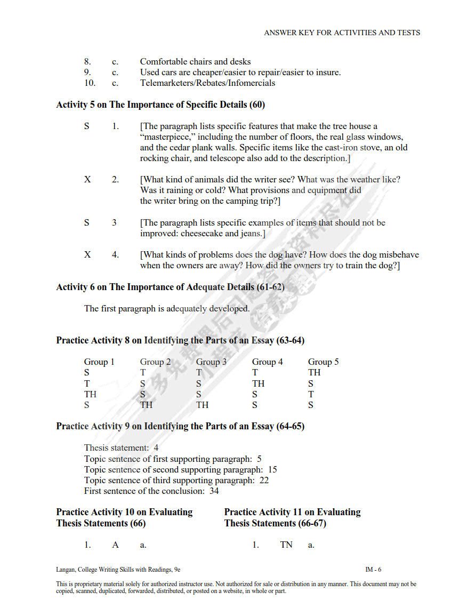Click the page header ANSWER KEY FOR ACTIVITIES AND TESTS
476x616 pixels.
[x=342, y=33]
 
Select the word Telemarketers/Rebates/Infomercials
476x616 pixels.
[x=207, y=83]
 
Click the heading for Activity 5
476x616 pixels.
[x=160, y=105]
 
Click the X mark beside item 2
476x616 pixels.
[x=87, y=179]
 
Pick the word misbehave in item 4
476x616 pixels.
[x=399, y=254]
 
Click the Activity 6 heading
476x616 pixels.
[x=170, y=287]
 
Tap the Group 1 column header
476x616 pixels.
[x=99, y=362]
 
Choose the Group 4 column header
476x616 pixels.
[x=267, y=362]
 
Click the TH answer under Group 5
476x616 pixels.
[x=314, y=372]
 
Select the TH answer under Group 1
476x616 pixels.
[x=90, y=394]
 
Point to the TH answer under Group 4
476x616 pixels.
[x=258, y=383]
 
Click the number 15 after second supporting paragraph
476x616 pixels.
[x=272, y=469]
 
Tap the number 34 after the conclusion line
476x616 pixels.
[x=214, y=491]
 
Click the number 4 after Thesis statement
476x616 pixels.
[x=156, y=448]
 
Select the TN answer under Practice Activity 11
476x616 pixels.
[x=286, y=545]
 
